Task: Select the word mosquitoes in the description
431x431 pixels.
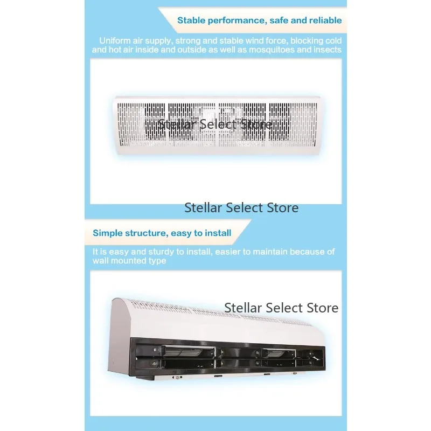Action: [272, 50]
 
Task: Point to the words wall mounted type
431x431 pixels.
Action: [129, 261]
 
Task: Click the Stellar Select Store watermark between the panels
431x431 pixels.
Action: [241, 208]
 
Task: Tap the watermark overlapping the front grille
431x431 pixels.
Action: [215, 124]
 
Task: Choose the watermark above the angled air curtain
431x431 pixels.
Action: [281, 308]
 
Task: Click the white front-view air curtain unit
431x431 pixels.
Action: [217, 125]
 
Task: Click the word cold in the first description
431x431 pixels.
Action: [333, 41]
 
